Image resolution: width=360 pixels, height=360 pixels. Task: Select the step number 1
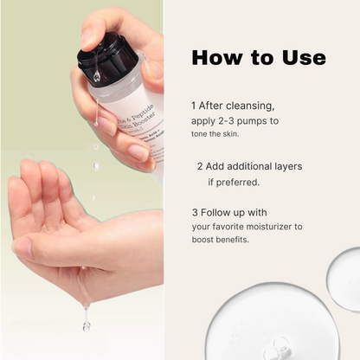[x=195, y=105]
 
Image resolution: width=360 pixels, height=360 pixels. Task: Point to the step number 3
[x=196, y=212]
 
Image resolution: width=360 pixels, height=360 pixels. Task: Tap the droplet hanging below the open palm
[x=87, y=325]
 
